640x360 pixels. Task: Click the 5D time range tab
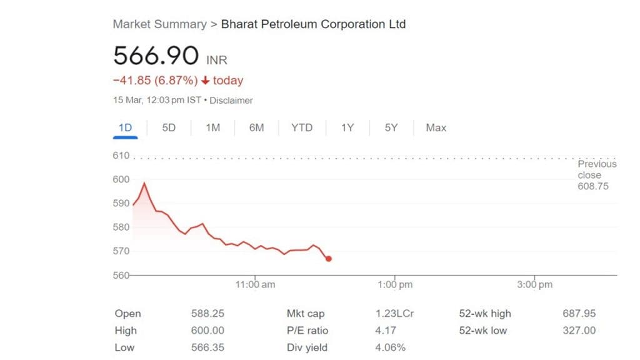169,127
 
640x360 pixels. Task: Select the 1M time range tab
212,127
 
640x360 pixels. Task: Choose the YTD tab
302,127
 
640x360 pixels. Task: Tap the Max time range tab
436,127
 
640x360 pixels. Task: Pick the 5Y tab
391,127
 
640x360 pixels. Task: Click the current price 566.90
156,56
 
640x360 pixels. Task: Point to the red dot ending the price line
329,259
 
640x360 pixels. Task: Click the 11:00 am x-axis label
255,285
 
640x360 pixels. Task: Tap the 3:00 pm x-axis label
535,285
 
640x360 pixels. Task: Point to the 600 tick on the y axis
121,179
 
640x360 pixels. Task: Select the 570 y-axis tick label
121,251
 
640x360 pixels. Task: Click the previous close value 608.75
592,186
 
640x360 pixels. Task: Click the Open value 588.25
207,314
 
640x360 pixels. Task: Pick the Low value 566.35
207,347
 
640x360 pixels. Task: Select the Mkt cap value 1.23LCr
394,314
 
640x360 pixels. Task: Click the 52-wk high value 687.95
579,314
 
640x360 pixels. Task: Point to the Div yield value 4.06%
390,347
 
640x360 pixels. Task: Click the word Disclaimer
231,100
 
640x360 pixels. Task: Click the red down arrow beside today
205,81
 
